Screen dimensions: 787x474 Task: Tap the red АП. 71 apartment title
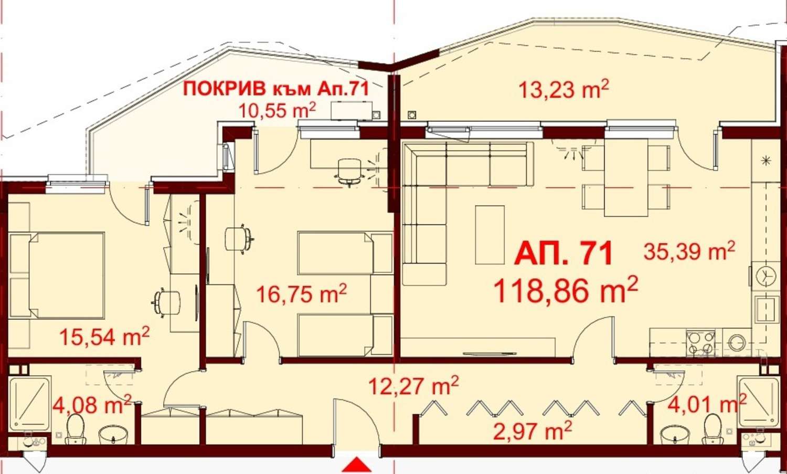pos(563,253)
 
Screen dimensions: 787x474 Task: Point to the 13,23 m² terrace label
pos(563,89)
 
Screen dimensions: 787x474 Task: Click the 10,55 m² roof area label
pos(277,110)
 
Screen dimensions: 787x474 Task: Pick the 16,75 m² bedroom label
pos(302,293)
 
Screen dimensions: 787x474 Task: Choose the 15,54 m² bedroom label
pos(104,336)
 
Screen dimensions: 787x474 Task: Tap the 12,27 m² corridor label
pos(413,385)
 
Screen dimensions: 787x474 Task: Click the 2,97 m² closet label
pos(533,431)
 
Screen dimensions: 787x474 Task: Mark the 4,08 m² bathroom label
pos(92,404)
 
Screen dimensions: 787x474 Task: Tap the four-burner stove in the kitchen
pos(701,343)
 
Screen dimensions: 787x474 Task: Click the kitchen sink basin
pos(766,309)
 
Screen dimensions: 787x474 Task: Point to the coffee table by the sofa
pos(490,235)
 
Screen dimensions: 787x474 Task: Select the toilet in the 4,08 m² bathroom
pos(75,429)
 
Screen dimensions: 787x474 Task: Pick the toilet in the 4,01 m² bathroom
pos(712,429)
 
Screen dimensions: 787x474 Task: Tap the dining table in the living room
pos(626,177)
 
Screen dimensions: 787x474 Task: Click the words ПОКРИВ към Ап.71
pos(276,89)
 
